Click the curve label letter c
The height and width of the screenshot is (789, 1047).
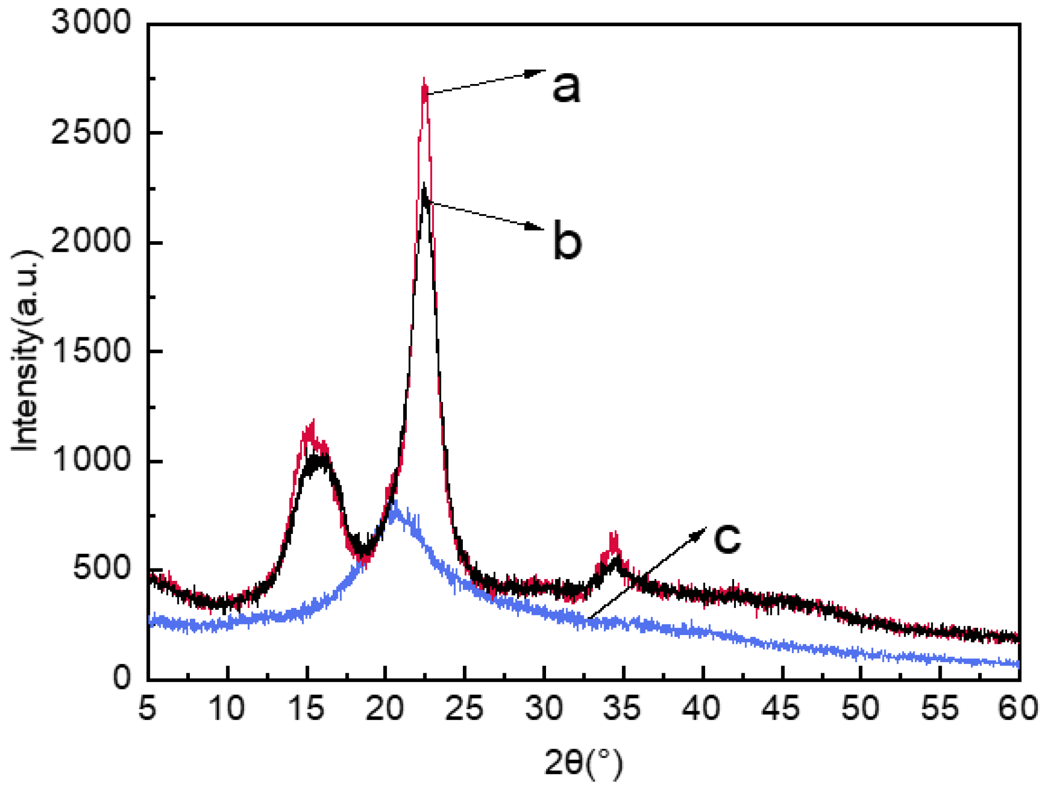[727, 538]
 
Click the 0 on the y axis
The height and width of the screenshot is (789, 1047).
[122, 678]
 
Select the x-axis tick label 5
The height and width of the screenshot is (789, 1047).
[148, 709]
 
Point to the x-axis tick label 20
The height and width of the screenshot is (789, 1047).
[385, 709]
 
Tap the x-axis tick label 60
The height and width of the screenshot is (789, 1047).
[1018, 709]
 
